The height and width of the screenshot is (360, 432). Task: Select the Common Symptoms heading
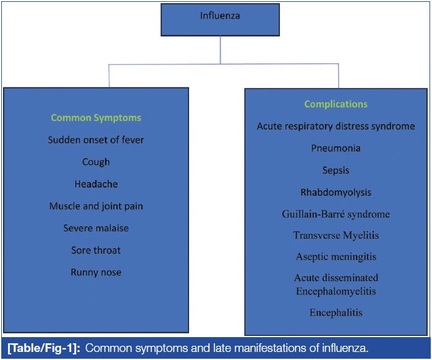coord(96,118)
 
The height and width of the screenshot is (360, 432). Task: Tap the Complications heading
coord(336,104)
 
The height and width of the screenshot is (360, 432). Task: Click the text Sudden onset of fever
coord(96,140)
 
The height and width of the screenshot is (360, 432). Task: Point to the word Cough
coord(96,162)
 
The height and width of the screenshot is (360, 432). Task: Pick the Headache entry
coord(96,184)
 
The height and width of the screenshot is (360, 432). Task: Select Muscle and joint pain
coord(96,206)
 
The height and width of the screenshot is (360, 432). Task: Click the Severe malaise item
coord(96,228)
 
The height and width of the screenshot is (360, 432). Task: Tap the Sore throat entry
coord(96,251)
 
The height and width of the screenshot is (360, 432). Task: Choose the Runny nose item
coord(96,272)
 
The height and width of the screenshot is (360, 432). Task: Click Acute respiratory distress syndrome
coord(336,126)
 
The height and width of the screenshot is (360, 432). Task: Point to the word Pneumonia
coord(336,148)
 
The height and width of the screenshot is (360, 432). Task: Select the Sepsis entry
coord(336,170)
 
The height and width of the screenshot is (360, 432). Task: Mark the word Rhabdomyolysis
coord(336,192)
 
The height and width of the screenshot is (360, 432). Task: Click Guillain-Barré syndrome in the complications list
coord(336,214)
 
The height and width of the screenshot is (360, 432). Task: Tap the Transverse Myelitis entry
coord(336,235)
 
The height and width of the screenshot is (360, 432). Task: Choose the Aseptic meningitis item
coord(336,256)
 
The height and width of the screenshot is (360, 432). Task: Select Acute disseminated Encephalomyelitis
coord(336,284)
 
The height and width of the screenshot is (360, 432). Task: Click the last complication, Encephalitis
coord(336,313)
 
